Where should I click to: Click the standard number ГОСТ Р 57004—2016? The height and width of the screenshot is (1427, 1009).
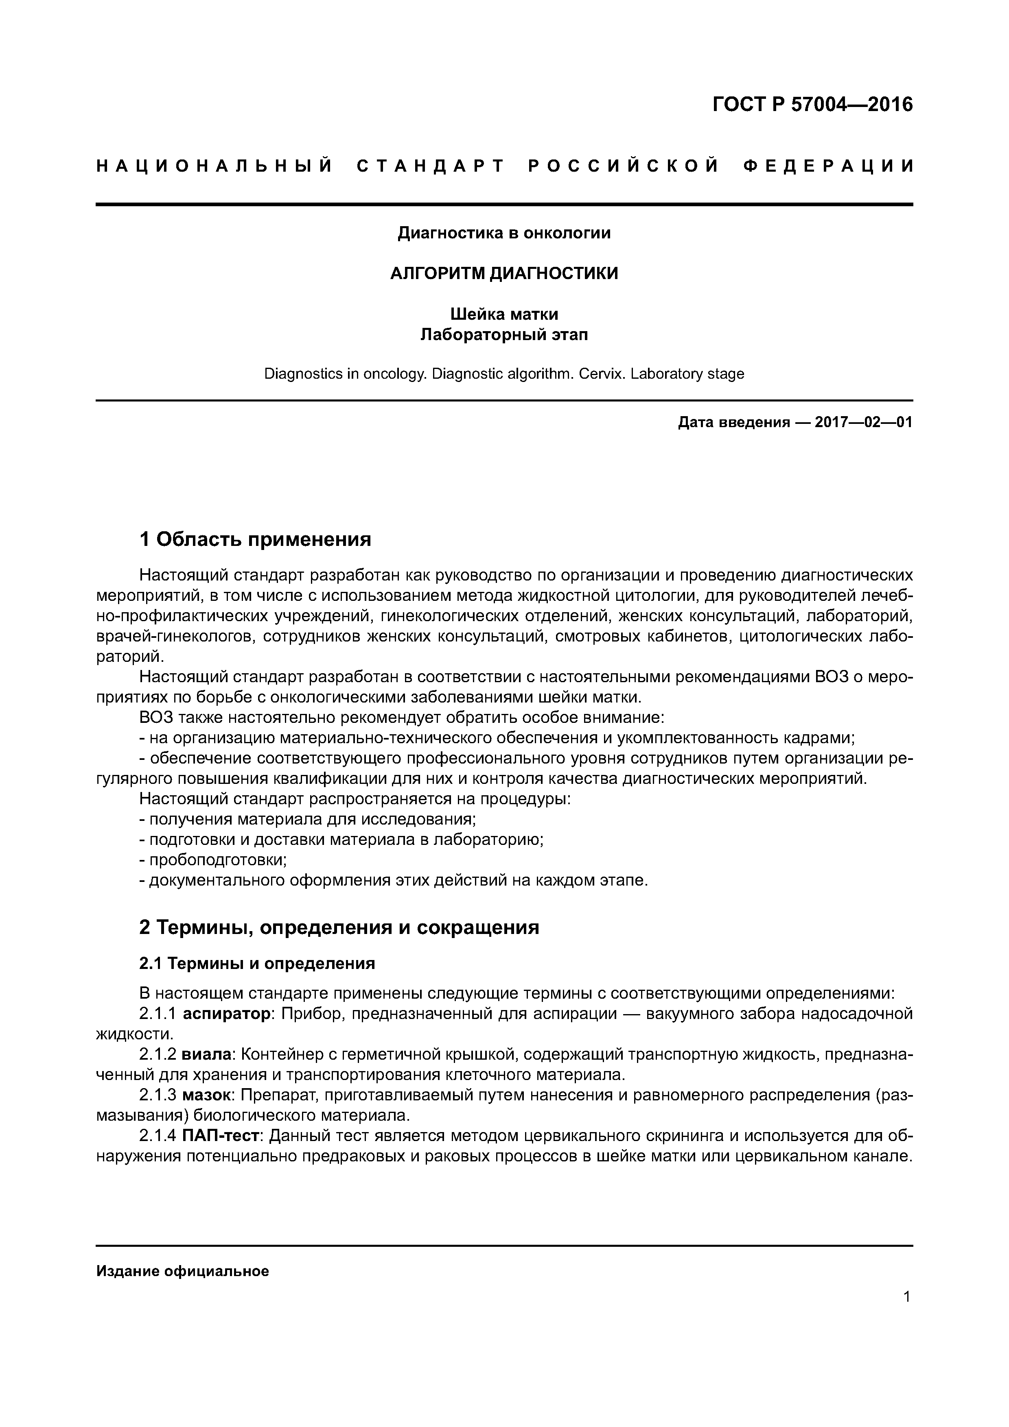pyautogui.click(x=812, y=105)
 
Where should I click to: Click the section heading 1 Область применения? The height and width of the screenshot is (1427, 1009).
pyautogui.click(x=255, y=539)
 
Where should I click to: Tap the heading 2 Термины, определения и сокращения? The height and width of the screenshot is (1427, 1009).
pyautogui.click(x=339, y=928)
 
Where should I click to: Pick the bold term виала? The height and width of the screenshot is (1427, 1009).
pyautogui.click(x=208, y=1055)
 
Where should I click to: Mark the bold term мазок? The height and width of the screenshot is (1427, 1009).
pyautogui.click(x=208, y=1095)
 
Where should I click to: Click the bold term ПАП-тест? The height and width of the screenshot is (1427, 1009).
pyautogui.click(x=221, y=1136)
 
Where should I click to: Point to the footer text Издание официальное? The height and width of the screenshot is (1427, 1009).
pyautogui.click(x=182, y=1272)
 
